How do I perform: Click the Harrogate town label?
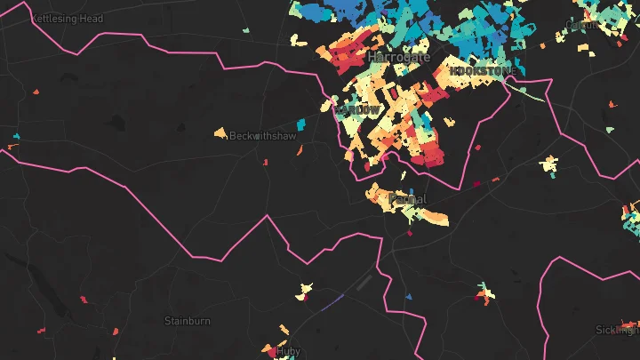[x=399, y=57]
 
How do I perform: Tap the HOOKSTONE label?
[x=481, y=70]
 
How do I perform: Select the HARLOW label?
[x=359, y=109]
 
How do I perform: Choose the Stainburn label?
[x=185, y=320]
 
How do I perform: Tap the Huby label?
[x=289, y=351]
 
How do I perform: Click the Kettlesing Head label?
[x=68, y=18]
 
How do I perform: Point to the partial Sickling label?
[x=619, y=330]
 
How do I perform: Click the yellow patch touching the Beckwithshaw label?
[x=220, y=133]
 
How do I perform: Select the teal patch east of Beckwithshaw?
[x=300, y=124]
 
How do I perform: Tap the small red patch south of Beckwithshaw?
[x=265, y=162]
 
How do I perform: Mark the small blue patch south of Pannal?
[x=409, y=296]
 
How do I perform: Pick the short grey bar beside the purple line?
[x=364, y=282]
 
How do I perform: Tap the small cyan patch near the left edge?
[x=16, y=136]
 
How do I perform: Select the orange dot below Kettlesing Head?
[x=36, y=91]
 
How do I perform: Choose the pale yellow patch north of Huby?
[x=305, y=289]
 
